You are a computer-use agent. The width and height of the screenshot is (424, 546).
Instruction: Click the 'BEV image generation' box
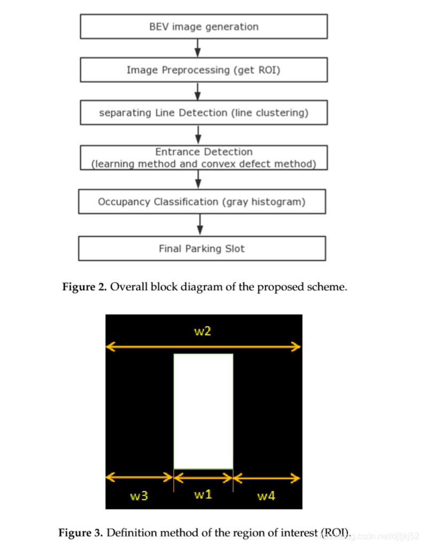(203, 27)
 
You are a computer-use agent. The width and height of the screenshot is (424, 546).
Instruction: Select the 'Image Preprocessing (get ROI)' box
(203, 70)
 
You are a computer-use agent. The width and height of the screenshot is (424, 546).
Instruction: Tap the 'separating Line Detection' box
(203, 113)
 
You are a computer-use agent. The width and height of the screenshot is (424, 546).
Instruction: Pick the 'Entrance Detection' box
(203, 157)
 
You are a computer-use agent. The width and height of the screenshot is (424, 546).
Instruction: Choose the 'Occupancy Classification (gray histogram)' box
(202, 202)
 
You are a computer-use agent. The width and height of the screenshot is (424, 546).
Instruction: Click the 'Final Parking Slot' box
(202, 248)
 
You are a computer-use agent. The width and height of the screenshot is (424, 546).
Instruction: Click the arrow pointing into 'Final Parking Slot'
(201, 225)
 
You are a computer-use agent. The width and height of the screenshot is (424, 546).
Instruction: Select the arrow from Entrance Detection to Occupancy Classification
(199, 179)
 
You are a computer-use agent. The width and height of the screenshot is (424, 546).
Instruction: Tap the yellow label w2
(202, 331)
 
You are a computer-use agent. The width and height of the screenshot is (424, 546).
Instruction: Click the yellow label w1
(203, 494)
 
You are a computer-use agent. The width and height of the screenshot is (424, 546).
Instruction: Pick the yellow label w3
(139, 496)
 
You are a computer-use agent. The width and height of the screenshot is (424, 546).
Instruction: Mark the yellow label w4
(266, 496)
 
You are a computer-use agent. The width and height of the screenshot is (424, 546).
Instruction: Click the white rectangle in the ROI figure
(203, 411)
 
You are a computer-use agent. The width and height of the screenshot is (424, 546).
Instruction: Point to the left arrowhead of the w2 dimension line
(109, 347)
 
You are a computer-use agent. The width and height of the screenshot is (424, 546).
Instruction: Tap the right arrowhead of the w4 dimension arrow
(297, 477)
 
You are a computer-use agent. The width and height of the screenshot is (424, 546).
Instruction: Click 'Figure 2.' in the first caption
(84, 287)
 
